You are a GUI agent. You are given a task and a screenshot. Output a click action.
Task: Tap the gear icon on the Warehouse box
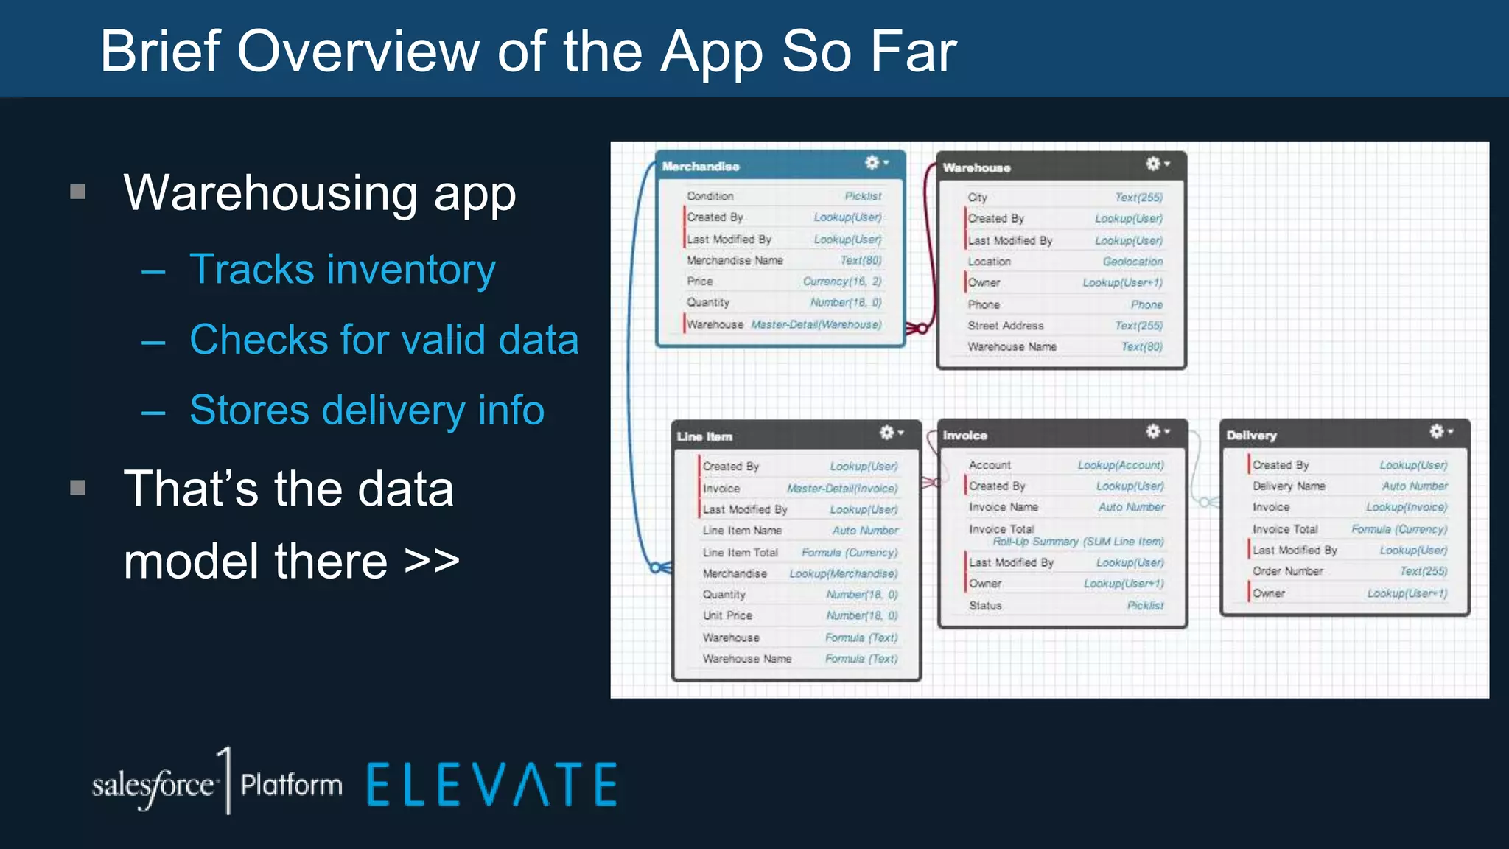coord(1154,164)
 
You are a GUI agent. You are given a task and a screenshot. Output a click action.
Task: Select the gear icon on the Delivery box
coord(1437,431)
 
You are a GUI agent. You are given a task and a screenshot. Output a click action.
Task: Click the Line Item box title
coord(704,436)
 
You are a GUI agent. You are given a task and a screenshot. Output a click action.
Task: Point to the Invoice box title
coord(964,436)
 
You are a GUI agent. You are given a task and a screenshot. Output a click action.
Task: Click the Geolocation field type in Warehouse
coord(1132,262)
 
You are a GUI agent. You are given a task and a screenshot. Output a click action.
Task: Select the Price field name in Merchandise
coord(700,282)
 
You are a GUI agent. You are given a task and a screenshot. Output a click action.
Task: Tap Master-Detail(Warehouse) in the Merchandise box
coord(816,324)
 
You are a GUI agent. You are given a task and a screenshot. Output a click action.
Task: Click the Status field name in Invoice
coord(985,605)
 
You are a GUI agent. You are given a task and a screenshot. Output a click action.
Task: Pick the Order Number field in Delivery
coord(1288,571)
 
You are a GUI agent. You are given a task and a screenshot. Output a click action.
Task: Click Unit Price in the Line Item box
coord(727,615)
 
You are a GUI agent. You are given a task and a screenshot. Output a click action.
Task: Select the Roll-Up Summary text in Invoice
coord(1078,542)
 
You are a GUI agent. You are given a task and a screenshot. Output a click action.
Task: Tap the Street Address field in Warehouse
coord(1006,326)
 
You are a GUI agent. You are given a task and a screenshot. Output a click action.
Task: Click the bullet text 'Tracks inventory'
coord(343,269)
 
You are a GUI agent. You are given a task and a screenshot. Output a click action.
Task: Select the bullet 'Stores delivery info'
coord(367,410)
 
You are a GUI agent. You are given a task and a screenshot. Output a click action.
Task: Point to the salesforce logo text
coord(153,786)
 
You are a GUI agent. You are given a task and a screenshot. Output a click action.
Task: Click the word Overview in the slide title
coord(358,52)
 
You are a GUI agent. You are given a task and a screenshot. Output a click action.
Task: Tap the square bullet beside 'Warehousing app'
coord(78,192)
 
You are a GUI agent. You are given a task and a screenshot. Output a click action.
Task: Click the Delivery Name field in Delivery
coord(1289,486)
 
